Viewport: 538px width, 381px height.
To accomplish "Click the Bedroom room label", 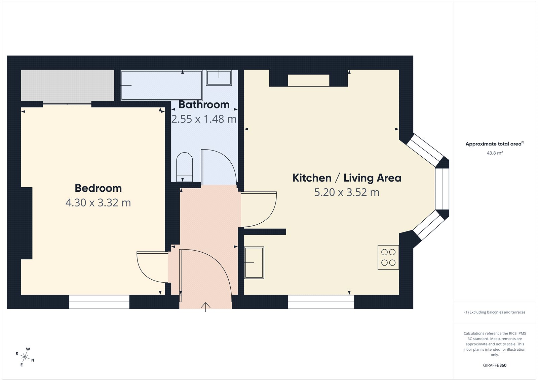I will point(98,188).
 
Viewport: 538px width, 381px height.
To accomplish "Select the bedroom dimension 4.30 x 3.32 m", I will point(98,203).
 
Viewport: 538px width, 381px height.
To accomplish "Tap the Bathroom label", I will point(204,105).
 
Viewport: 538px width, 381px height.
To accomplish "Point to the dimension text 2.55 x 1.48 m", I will point(204,119).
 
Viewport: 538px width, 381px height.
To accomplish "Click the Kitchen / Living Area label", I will point(347,178).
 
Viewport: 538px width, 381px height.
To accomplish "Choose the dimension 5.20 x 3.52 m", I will point(347,192).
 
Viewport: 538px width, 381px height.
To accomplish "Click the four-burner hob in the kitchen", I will point(388,257).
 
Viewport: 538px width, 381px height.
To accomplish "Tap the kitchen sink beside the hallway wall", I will point(254,262).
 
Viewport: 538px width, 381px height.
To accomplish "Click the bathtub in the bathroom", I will point(161,85).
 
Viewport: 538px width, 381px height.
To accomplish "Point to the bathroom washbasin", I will point(219,78).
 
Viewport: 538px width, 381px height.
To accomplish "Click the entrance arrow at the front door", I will point(205,307).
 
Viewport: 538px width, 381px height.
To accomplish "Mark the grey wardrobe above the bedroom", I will point(68,85).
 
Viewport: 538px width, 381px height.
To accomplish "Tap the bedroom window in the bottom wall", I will point(99,302).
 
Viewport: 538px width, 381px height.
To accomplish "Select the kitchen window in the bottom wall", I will point(321,302).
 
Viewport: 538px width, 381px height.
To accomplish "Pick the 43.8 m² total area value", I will point(495,153).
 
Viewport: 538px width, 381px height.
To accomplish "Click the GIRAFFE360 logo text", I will point(495,365).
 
